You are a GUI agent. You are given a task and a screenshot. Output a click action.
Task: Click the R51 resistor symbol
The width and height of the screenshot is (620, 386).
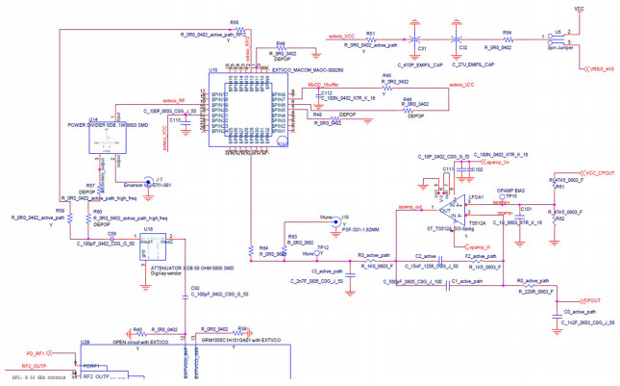click(377, 38)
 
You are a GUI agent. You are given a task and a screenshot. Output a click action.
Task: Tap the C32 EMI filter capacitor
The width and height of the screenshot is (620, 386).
click(460, 39)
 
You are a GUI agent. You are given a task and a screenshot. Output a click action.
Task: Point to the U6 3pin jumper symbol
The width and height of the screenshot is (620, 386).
click(558, 38)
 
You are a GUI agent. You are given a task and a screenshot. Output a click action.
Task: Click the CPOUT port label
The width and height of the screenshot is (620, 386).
click(592, 300)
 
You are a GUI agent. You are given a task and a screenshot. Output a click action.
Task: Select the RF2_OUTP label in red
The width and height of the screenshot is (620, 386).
click(35, 367)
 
